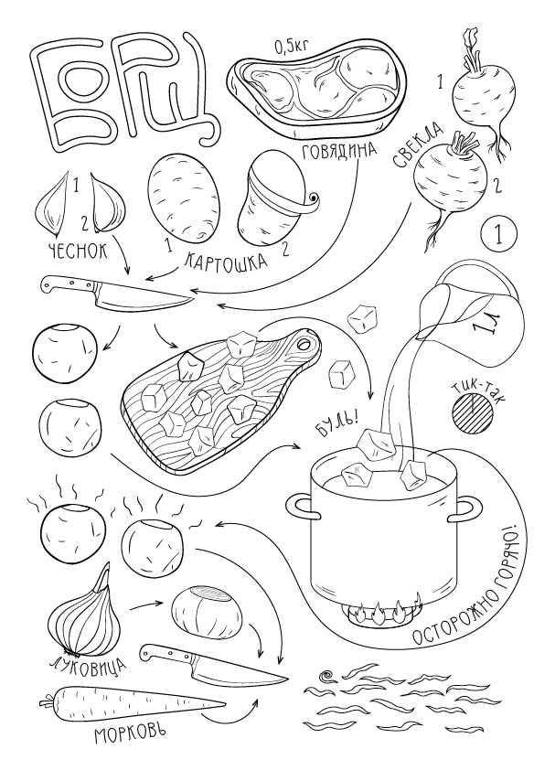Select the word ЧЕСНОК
[79, 251]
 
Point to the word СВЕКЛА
[418, 144]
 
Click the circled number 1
[499, 233]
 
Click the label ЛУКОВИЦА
[89, 665]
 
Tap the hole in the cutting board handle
[303, 343]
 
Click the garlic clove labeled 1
[53, 204]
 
